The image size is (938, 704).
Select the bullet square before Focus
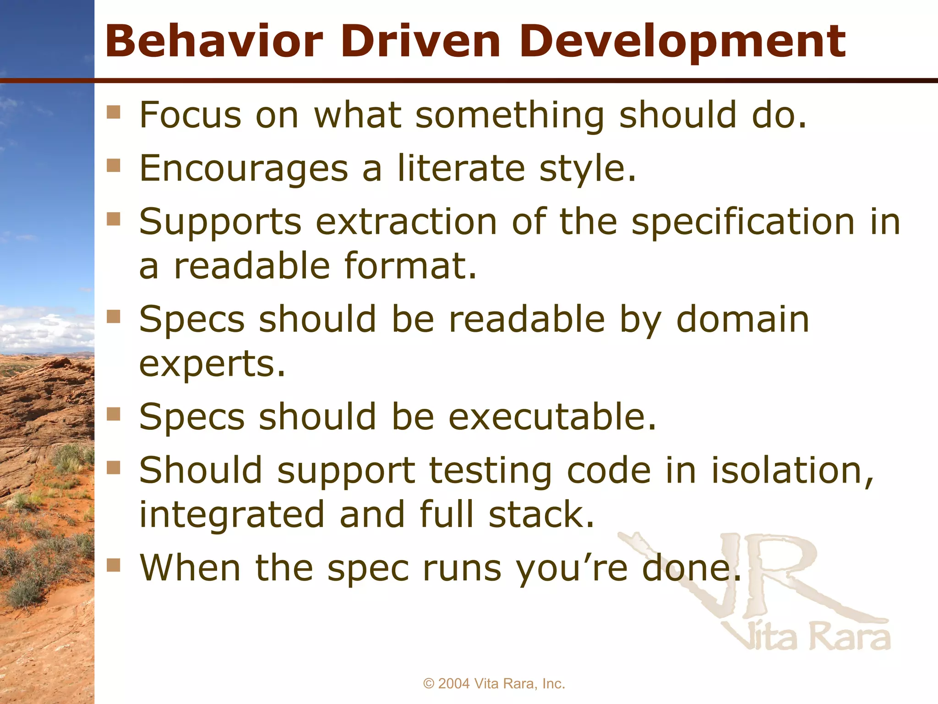coord(113,112)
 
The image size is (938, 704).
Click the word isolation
coord(792,471)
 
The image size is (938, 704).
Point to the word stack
coord(541,514)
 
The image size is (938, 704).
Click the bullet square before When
coord(113,565)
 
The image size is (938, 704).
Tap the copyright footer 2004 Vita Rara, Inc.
coord(494,683)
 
